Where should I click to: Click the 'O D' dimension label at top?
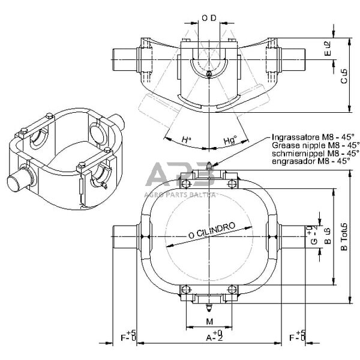[x=208, y=17]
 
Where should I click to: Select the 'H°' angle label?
[x=187, y=140]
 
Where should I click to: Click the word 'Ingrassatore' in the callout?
[x=293, y=137]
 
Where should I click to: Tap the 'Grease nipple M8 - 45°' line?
[x=316, y=145]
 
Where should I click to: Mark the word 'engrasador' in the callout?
[x=292, y=162]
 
